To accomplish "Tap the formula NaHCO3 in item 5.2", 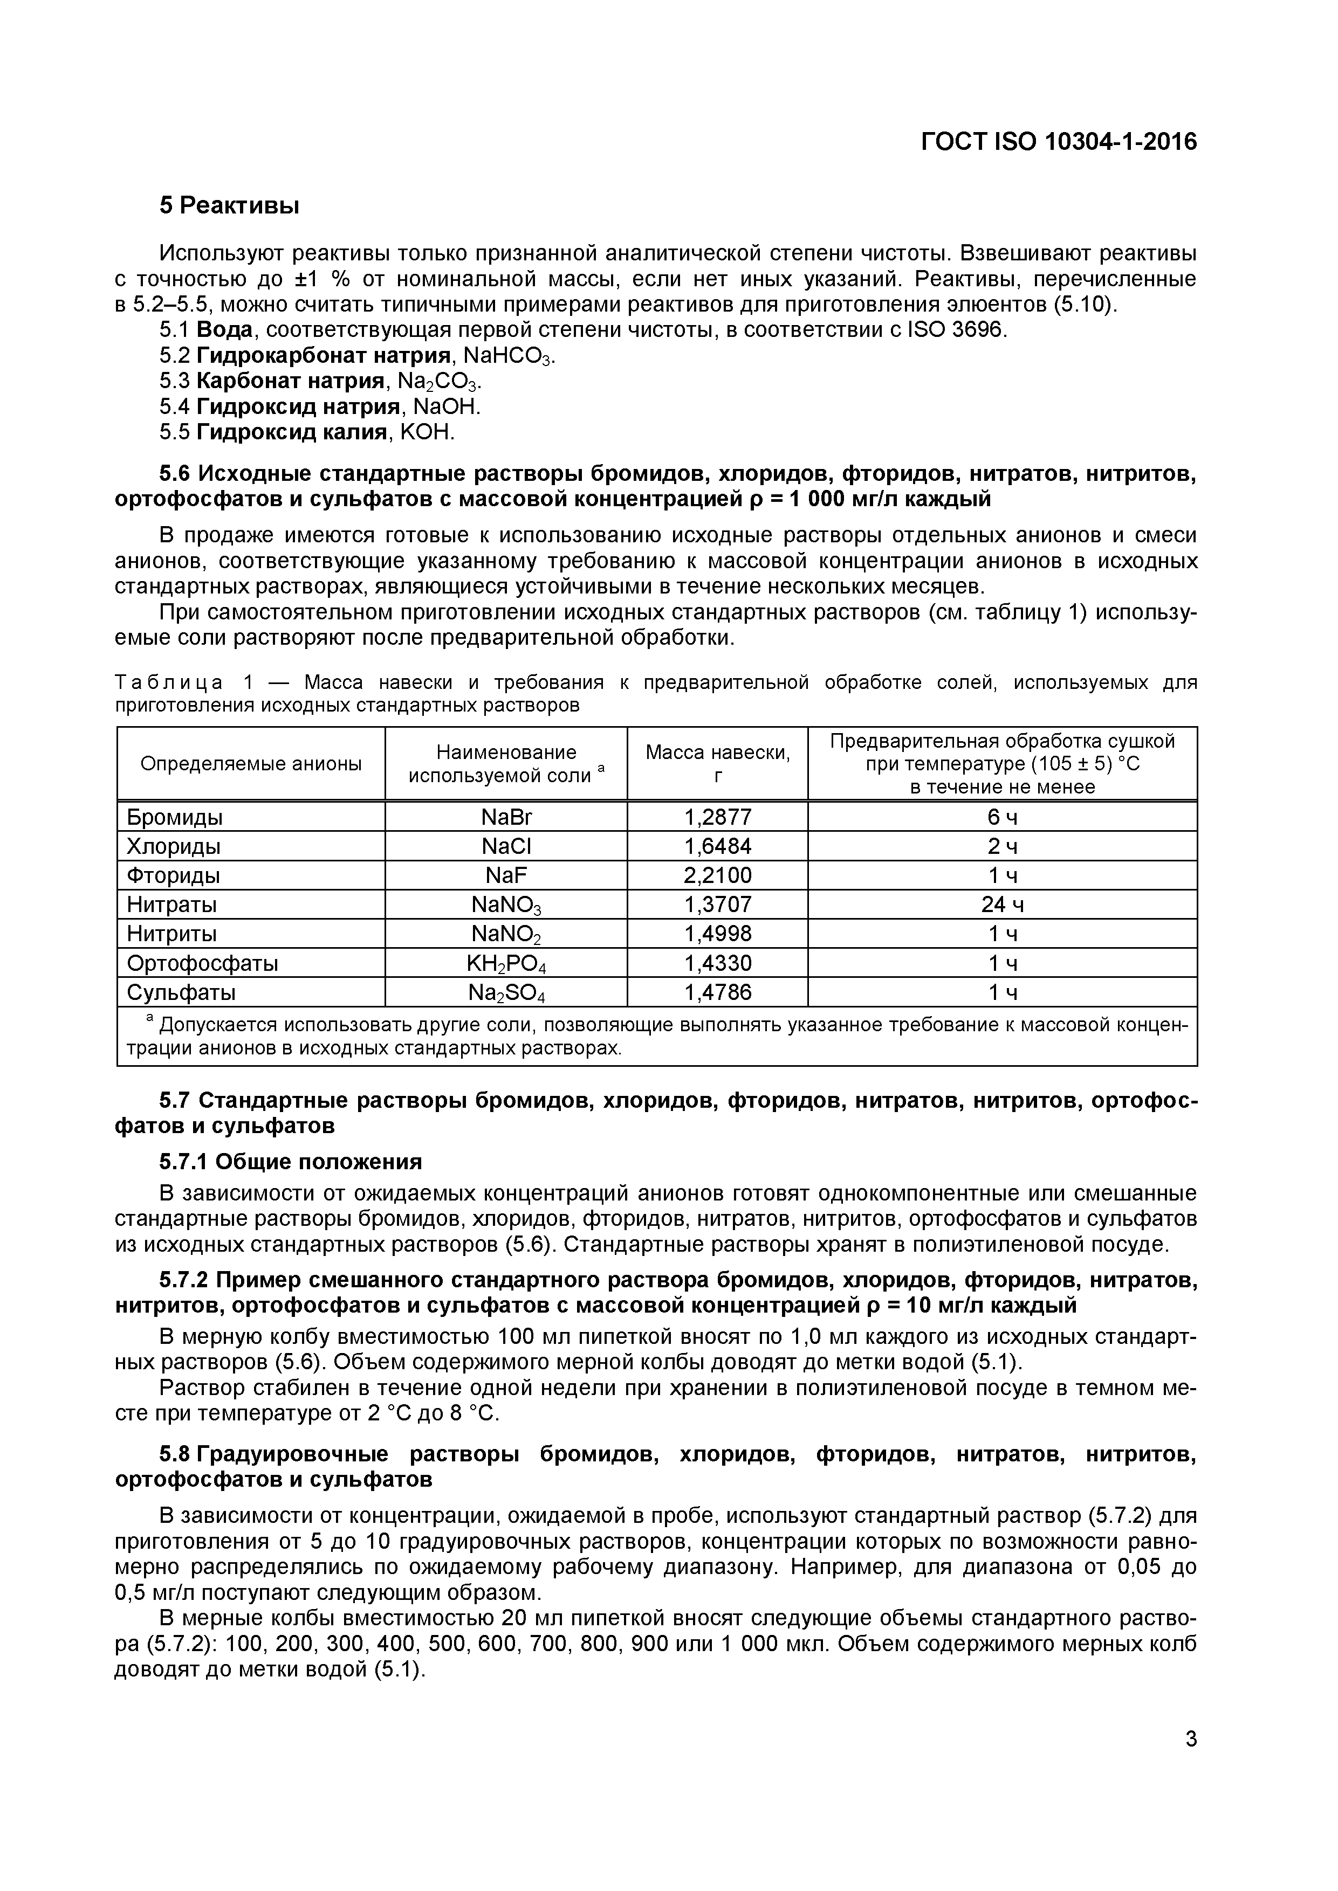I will click(x=509, y=356).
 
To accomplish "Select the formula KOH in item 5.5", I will click(x=426, y=432).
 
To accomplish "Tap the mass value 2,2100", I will click(x=718, y=875).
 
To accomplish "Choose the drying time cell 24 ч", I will click(x=1002, y=905).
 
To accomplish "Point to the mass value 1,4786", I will click(x=718, y=992).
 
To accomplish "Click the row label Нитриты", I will click(x=171, y=934).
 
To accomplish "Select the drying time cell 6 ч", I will click(x=1002, y=817).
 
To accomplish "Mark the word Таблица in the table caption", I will click(x=168, y=683).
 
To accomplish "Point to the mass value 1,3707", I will click(x=718, y=905).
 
